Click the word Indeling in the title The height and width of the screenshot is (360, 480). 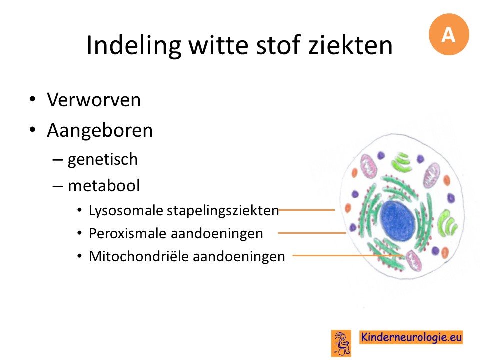click(x=134, y=46)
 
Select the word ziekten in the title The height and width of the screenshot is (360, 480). click(x=350, y=45)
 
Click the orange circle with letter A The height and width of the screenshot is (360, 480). click(x=449, y=34)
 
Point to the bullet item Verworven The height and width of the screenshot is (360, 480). click(x=94, y=100)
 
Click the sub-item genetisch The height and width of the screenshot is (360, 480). click(x=103, y=160)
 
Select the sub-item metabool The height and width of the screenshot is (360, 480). click(x=104, y=186)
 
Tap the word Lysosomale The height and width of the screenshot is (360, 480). click(x=126, y=211)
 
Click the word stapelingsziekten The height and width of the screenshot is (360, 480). click(x=223, y=211)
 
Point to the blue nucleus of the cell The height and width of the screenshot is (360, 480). click(x=398, y=221)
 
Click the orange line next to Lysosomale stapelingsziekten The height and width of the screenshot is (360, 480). click(x=306, y=210)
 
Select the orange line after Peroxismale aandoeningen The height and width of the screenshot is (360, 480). click(x=312, y=233)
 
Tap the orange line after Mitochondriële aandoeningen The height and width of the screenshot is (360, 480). click(x=348, y=255)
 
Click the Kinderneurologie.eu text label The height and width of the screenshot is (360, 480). click(x=411, y=337)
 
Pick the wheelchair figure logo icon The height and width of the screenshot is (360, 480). click(x=341, y=343)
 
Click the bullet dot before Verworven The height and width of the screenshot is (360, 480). click(x=33, y=100)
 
